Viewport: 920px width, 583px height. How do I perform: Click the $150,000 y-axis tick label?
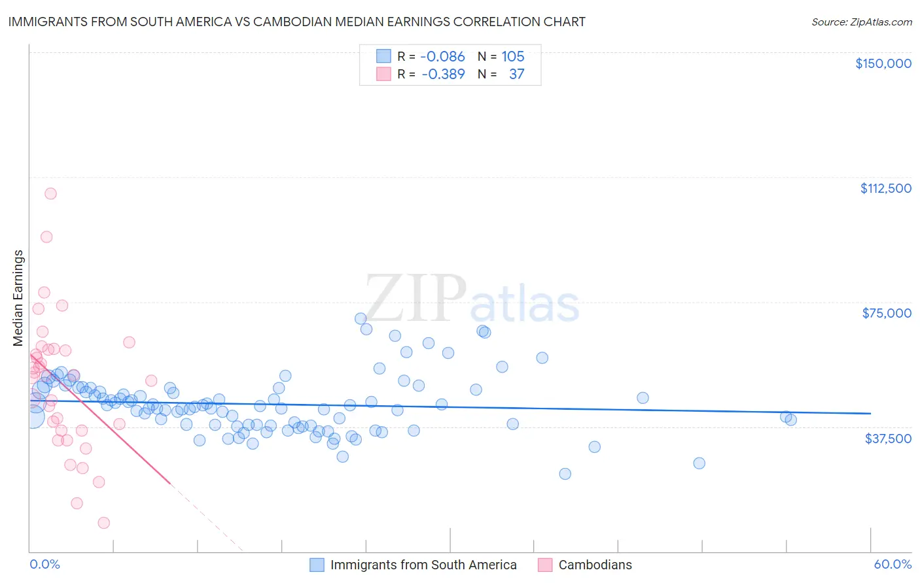pyautogui.click(x=883, y=63)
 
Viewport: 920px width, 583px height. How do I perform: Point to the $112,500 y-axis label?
pyautogui.click(x=885, y=188)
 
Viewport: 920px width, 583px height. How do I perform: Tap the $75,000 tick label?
pyautogui.click(x=887, y=313)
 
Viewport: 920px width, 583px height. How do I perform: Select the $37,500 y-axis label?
pyautogui.click(x=888, y=439)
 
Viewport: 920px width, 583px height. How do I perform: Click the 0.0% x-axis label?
pyautogui.click(x=44, y=565)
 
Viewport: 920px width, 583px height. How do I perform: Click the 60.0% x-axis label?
pyautogui.click(x=893, y=565)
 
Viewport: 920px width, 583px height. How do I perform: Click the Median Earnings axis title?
pyautogui.click(x=18, y=298)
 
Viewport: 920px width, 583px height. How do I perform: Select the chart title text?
pyautogui.click(x=296, y=22)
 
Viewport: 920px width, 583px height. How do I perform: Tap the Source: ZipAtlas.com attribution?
pyautogui.click(x=861, y=22)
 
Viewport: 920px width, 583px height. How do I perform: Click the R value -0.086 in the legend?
pyautogui.click(x=442, y=57)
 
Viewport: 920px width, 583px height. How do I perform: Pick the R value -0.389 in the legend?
pyautogui.click(x=443, y=75)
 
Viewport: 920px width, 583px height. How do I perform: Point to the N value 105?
pyautogui.click(x=513, y=57)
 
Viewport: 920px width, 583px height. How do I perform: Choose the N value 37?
pyautogui.click(x=516, y=75)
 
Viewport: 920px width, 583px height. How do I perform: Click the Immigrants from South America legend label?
pyautogui.click(x=423, y=565)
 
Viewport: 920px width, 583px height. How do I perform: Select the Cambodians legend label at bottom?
pyautogui.click(x=595, y=565)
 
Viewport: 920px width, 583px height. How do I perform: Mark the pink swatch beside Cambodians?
pyautogui.click(x=544, y=565)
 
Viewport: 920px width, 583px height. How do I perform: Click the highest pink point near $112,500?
pyautogui.click(x=50, y=193)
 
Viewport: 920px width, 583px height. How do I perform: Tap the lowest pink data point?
pyautogui.click(x=103, y=523)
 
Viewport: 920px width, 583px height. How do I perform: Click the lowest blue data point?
pyautogui.click(x=565, y=474)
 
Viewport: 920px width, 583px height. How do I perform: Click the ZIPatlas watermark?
pyautogui.click(x=471, y=299)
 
